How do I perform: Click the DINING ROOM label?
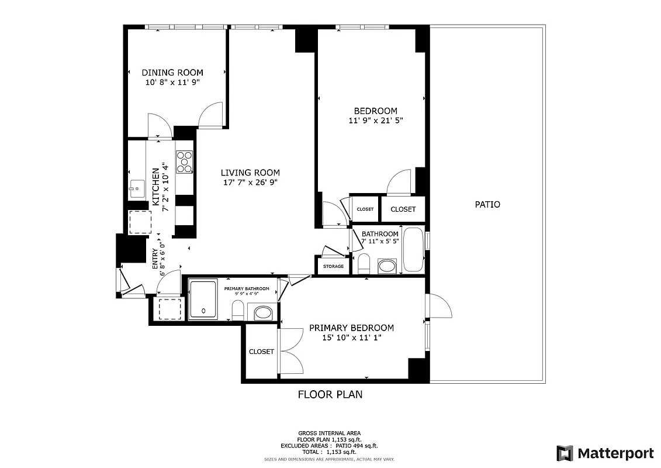168,73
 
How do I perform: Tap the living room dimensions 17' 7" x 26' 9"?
250,182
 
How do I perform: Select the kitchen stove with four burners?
185,162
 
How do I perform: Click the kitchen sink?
137,188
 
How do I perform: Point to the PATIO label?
487,205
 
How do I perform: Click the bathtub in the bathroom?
413,250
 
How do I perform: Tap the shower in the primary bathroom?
203,300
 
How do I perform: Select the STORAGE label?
333,267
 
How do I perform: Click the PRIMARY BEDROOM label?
351,328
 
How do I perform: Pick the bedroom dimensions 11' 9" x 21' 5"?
375,121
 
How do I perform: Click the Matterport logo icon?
565,453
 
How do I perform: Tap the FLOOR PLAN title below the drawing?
330,394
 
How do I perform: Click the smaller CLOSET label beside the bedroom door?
365,209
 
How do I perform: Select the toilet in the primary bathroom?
238,310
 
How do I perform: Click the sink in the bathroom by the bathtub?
387,267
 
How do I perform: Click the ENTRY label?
155,259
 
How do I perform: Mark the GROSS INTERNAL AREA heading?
330,433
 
